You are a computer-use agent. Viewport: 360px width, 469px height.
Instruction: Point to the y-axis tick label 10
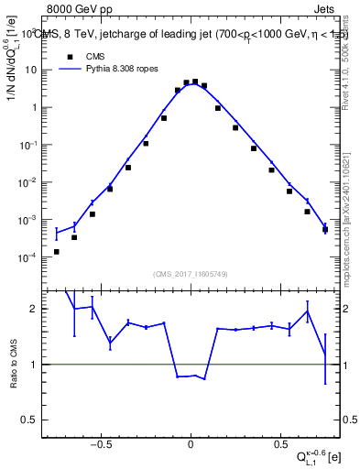(x=31, y=70)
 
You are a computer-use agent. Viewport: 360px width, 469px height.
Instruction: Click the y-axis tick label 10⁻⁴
(x=29, y=257)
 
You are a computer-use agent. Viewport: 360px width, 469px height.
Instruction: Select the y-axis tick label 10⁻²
(x=29, y=182)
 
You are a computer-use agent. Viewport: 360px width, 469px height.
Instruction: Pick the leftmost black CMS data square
(x=57, y=251)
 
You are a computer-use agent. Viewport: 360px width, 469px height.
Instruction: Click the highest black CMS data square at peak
(x=194, y=82)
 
